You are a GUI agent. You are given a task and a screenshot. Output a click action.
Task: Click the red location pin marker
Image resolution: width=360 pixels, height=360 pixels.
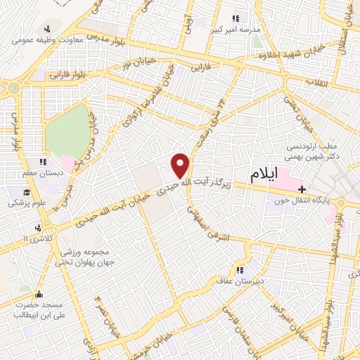pos(181,165)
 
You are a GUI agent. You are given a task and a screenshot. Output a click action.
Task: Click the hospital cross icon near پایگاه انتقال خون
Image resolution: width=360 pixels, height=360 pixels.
pos(302,188)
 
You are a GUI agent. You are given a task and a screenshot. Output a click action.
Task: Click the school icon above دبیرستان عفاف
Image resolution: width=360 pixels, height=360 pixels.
pos(239,270)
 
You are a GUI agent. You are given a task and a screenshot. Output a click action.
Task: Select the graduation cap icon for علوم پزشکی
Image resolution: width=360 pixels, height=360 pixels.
pos(27,192)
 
